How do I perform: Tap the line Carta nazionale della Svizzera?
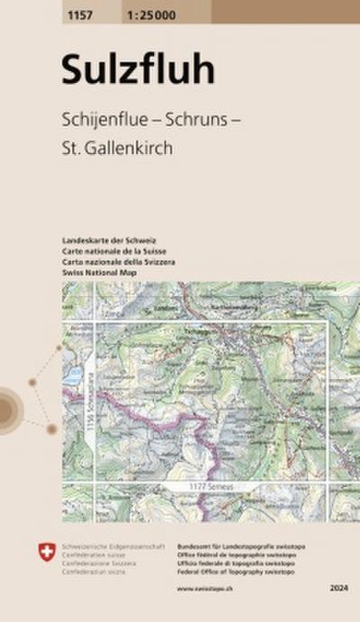[119, 260]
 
